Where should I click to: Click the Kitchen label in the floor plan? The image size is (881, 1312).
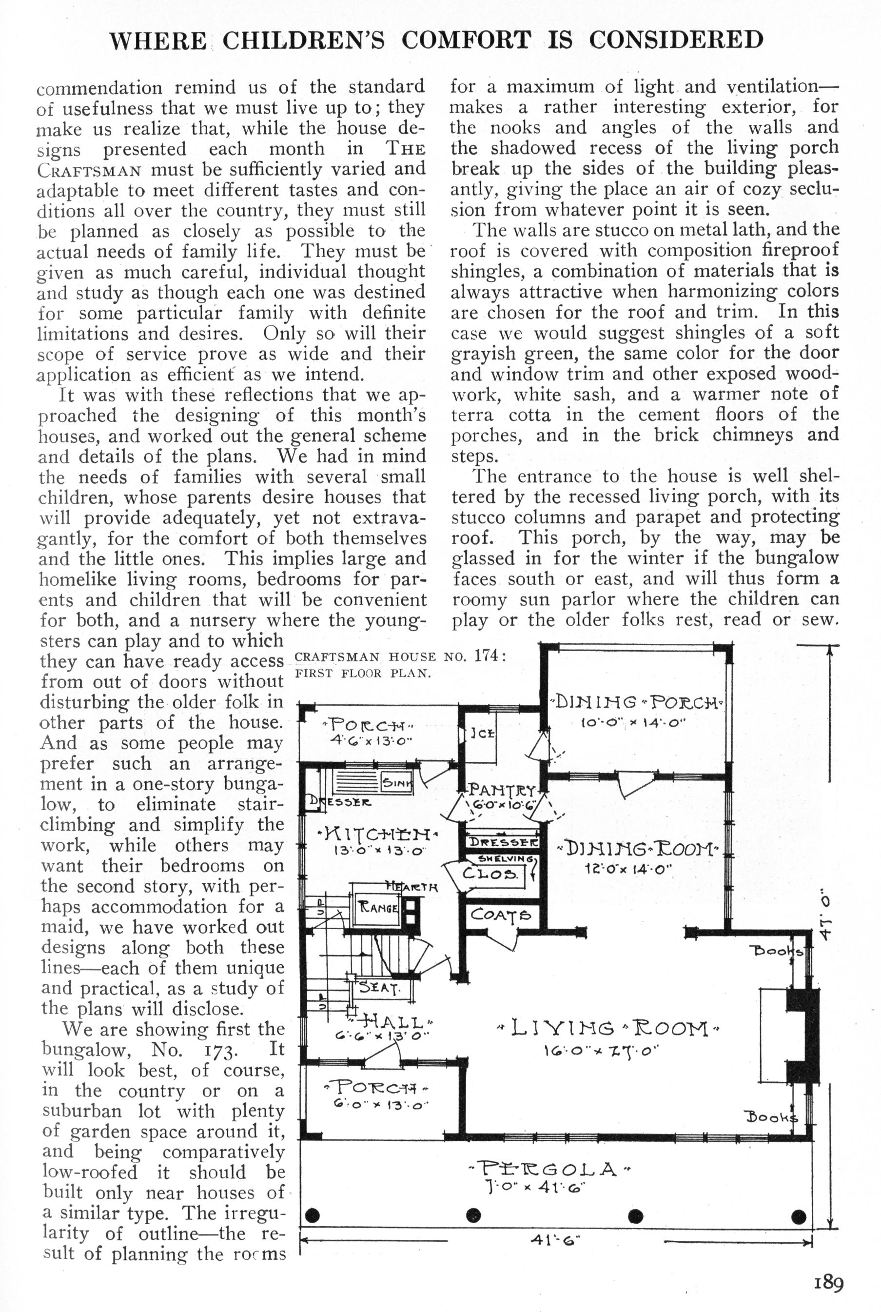[x=377, y=834]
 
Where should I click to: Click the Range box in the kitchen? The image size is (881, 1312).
[x=379, y=907]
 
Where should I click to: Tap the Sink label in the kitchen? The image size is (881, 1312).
[x=397, y=782]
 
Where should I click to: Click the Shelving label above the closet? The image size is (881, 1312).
[x=505, y=859]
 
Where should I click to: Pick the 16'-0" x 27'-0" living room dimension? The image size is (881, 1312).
[x=601, y=1050]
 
